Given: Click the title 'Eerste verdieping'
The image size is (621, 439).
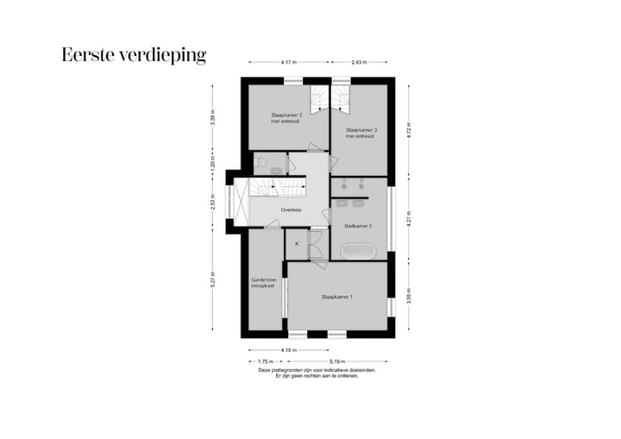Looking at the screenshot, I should [x=134, y=56].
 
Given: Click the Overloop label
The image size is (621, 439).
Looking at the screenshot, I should [x=291, y=210].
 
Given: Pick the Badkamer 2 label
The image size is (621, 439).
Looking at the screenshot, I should [x=358, y=226].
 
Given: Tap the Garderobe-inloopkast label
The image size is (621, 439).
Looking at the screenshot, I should [x=262, y=283].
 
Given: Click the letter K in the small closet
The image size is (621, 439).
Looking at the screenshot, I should [x=297, y=244].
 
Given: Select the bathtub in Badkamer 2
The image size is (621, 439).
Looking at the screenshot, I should [x=358, y=252].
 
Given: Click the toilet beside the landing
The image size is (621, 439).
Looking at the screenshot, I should [x=259, y=162].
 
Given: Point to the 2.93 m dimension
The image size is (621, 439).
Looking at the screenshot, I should [x=360, y=62].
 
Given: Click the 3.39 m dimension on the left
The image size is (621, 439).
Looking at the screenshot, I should [x=213, y=117].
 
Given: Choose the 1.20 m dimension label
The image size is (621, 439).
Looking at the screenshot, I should [x=213, y=162].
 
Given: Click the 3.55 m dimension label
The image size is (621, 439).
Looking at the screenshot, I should [x=409, y=295].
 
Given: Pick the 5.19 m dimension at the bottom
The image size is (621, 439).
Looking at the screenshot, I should [x=337, y=361].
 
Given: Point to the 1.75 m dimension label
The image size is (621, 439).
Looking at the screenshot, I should [x=265, y=361].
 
